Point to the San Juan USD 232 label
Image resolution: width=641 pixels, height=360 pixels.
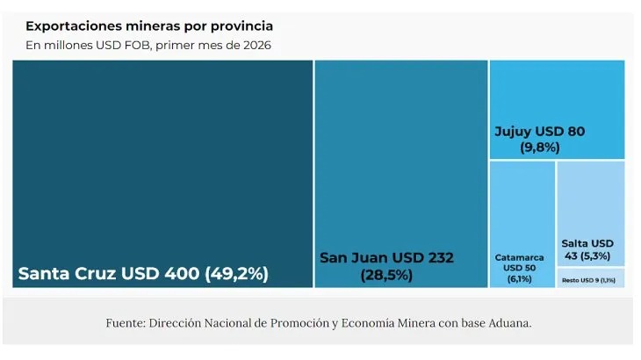(386, 257)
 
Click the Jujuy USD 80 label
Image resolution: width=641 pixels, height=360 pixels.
(539, 132)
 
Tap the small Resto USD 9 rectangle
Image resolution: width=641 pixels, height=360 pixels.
(589, 279)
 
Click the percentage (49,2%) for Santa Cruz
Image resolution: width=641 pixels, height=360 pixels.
(236, 273)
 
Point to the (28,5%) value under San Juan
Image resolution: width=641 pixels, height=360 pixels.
(386, 275)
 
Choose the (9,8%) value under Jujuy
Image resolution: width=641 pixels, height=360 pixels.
(539, 148)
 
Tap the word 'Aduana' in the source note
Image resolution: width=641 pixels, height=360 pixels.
(507, 323)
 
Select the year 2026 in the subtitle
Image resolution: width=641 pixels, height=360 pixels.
(256, 45)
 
